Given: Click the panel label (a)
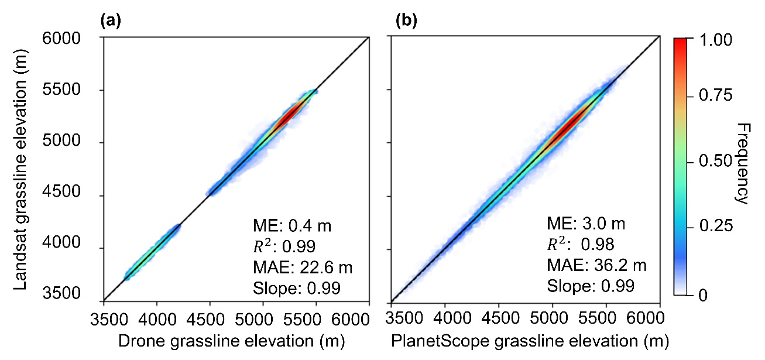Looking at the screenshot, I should [111, 22].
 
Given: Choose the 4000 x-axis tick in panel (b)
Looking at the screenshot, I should [445, 319].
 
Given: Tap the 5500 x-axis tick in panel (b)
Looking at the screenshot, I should [606, 319].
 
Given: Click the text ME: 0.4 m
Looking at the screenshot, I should [284, 225].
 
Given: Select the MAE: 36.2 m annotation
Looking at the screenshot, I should [596, 266].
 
